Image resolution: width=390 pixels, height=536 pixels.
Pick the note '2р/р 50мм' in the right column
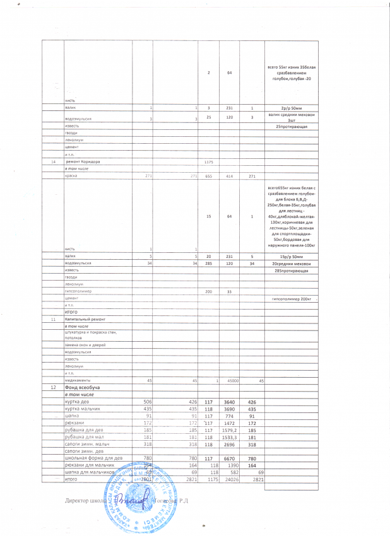pyautogui.click(x=290, y=108)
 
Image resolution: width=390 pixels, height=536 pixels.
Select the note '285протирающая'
pyautogui.click(x=290, y=271)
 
